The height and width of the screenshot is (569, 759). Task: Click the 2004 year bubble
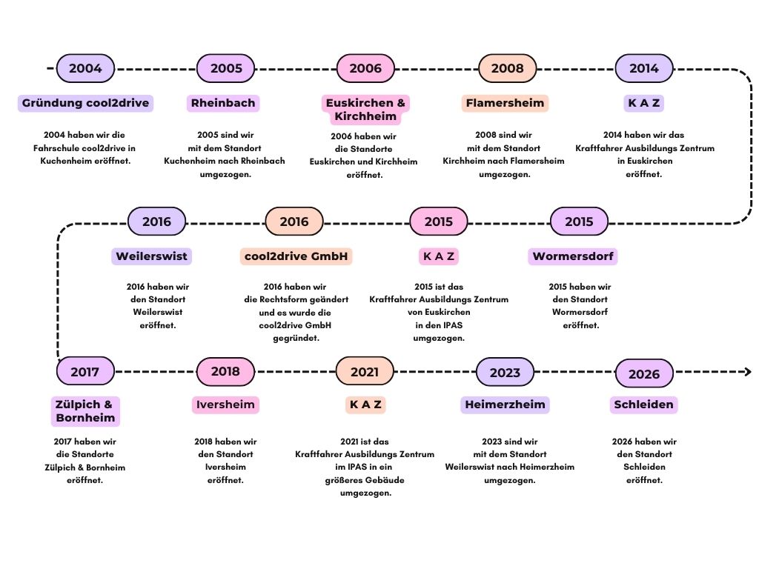point(85,68)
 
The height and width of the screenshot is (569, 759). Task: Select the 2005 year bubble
point(226,68)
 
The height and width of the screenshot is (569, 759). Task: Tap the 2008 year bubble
point(507,68)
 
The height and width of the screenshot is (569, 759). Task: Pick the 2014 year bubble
point(643,68)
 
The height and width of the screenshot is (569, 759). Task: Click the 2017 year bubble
point(85,372)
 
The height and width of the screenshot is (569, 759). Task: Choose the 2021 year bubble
point(365,372)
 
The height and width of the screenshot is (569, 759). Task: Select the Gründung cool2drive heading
point(85,103)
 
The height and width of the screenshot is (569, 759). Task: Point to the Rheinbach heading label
point(223,103)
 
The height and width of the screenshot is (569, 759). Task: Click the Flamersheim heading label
point(505,103)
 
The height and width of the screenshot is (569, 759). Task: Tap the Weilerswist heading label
point(152,256)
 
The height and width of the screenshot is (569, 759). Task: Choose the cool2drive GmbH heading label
point(297,256)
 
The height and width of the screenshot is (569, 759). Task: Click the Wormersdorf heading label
point(574,256)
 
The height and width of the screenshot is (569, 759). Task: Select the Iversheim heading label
point(225,405)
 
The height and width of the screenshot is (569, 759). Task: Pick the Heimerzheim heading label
point(505,405)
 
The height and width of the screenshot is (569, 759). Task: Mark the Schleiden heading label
point(643,405)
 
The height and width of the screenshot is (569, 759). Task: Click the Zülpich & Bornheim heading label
point(85,411)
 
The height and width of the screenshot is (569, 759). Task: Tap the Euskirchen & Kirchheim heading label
point(365,110)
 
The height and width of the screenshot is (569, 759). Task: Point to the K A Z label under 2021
point(365,405)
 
